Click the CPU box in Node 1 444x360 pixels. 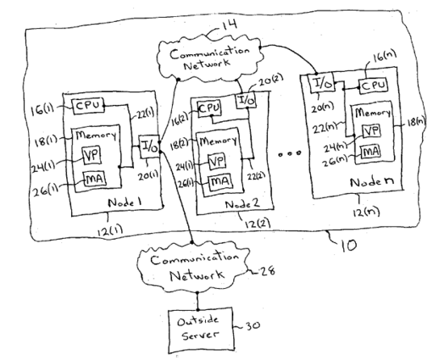click(x=89, y=106)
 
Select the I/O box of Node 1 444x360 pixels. click(x=149, y=147)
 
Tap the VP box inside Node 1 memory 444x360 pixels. click(x=92, y=155)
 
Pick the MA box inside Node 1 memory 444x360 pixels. click(x=95, y=178)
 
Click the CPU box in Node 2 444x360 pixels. click(x=209, y=108)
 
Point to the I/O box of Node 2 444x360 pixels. click(x=246, y=99)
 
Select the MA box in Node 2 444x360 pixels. click(x=221, y=182)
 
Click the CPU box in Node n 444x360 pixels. click(x=373, y=85)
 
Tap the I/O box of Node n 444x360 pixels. click(x=321, y=83)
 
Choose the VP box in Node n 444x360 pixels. click(x=371, y=131)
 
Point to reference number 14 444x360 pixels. click(x=228, y=25)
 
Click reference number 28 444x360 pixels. click(x=267, y=271)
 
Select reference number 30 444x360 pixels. click(x=252, y=325)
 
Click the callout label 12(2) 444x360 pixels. click(x=257, y=224)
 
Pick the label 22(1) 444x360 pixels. click(x=145, y=114)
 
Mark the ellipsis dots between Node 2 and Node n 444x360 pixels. click(x=289, y=153)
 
